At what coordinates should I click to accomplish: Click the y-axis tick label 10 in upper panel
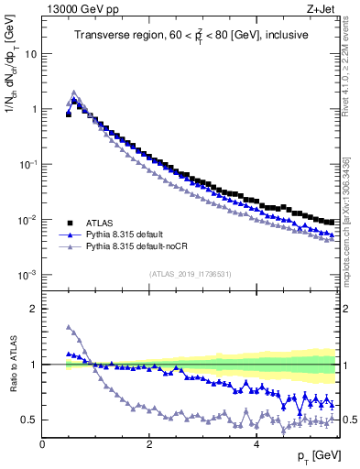click(x=31, y=53)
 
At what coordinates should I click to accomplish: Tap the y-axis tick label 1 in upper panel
click(x=34, y=109)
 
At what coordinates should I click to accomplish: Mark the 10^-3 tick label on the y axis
click(x=28, y=275)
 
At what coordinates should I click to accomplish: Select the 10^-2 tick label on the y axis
click(x=28, y=220)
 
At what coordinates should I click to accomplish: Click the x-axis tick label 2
click(x=149, y=444)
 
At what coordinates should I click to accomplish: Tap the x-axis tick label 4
click(x=256, y=444)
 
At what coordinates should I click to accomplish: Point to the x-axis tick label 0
click(x=42, y=444)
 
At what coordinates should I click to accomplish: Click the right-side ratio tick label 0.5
click(x=350, y=420)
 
